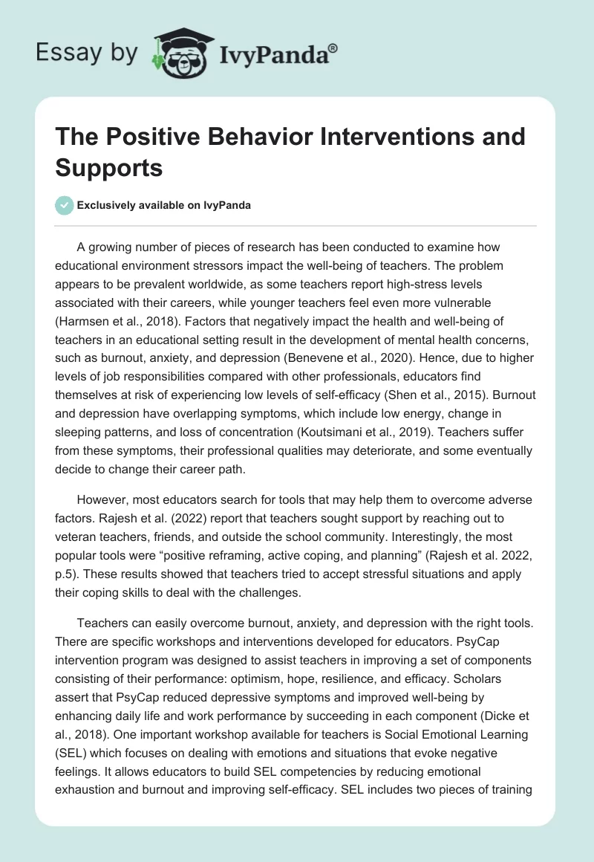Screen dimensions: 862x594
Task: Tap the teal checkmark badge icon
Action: click(x=64, y=205)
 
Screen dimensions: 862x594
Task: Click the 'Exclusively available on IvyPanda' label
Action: click(x=164, y=206)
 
